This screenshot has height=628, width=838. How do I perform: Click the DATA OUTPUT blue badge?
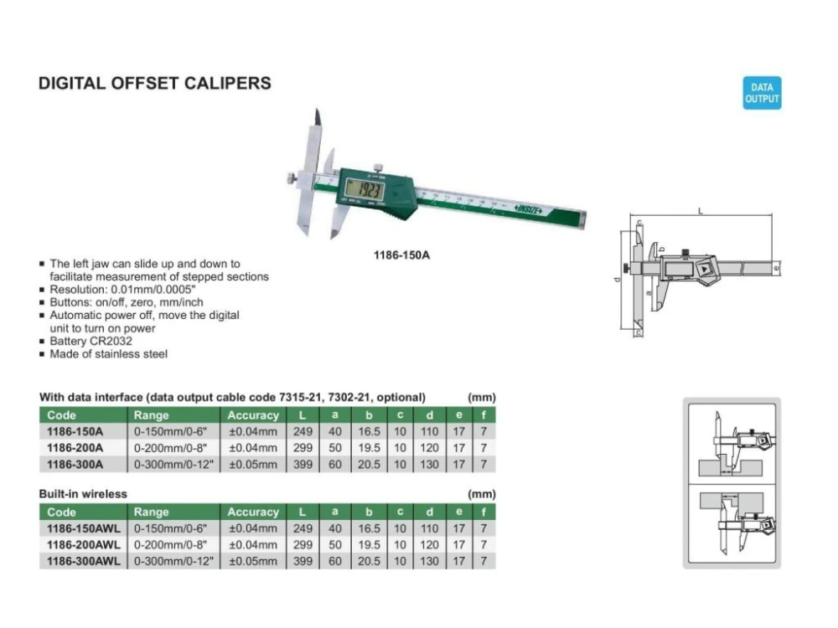click(x=762, y=93)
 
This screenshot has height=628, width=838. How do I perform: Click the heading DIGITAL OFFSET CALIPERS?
click(x=155, y=84)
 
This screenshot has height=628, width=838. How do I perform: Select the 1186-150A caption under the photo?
click(x=401, y=255)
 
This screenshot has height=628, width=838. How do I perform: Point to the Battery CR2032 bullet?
click(x=91, y=341)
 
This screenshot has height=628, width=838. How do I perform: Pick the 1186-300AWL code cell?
click(x=83, y=560)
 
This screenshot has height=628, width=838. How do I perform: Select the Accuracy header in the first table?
click(x=253, y=415)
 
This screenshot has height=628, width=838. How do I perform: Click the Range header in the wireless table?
click(x=152, y=512)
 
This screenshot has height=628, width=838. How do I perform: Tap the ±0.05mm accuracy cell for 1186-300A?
click(x=253, y=464)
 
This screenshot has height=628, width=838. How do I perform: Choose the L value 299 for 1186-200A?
click(x=303, y=448)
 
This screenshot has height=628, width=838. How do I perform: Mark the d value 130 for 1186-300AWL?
click(x=429, y=560)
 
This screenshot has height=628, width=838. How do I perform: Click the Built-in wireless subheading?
click(x=83, y=494)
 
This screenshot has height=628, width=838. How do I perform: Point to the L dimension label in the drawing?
click(x=701, y=212)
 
